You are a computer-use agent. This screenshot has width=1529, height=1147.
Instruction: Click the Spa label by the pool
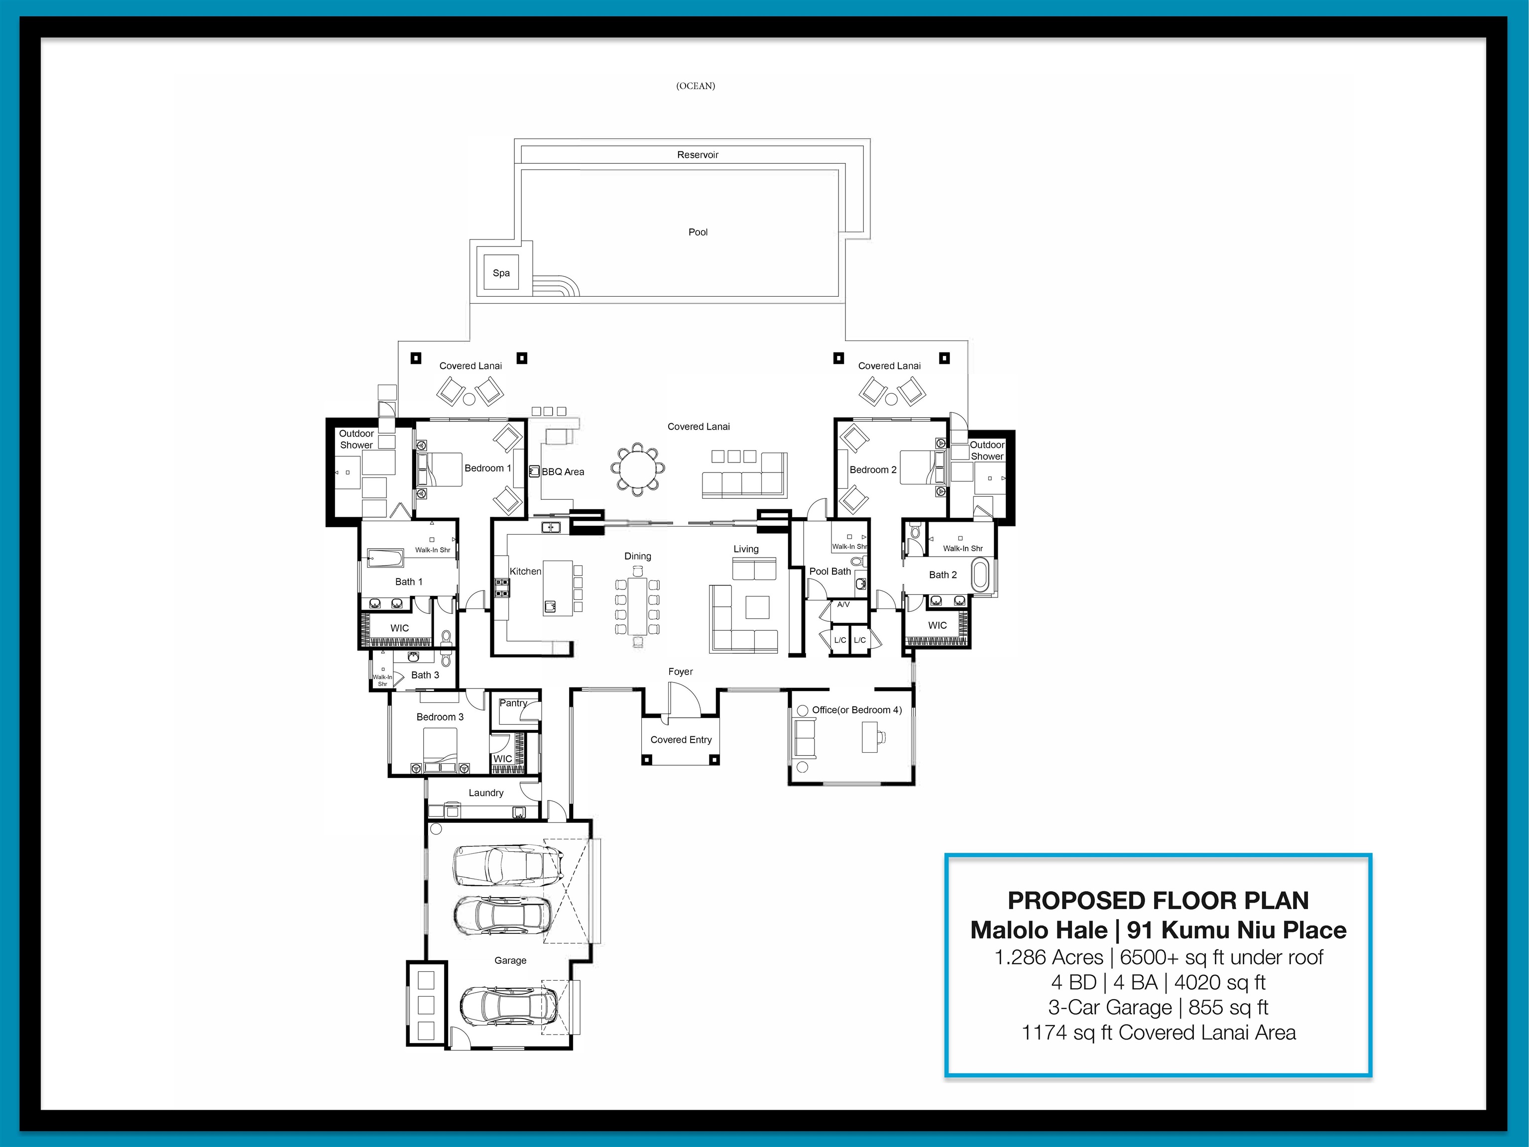pyautogui.click(x=501, y=273)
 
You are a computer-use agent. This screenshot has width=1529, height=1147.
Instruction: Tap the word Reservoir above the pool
pyautogui.click(x=698, y=155)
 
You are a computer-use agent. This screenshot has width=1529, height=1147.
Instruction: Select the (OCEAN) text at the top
pyautogui.click(x=696, y=86)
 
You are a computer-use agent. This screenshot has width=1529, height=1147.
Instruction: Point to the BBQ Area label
pyautogui.click(x=563, y=472)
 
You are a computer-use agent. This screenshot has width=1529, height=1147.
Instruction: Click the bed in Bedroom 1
pyautogui.click(x=440, y=470)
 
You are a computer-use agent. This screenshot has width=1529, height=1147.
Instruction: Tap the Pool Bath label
pyautogui.click(x=829, y=572)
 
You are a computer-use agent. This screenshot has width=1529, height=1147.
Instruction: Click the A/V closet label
pyautogui.click(x=843, y=604)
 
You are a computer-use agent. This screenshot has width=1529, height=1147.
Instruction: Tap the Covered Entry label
pyautogui.click(x=681, y=739)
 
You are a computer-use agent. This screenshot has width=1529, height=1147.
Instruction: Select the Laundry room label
pyautogui.click(x=486, y=793)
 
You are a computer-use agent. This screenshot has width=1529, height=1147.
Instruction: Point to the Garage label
pyautogui.click(x=510, y=960)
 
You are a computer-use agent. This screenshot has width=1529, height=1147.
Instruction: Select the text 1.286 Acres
pyautogui.click(x=1049, y=958)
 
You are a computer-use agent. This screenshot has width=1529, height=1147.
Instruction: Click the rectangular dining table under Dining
pyautogui.click(x=637, y=606)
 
